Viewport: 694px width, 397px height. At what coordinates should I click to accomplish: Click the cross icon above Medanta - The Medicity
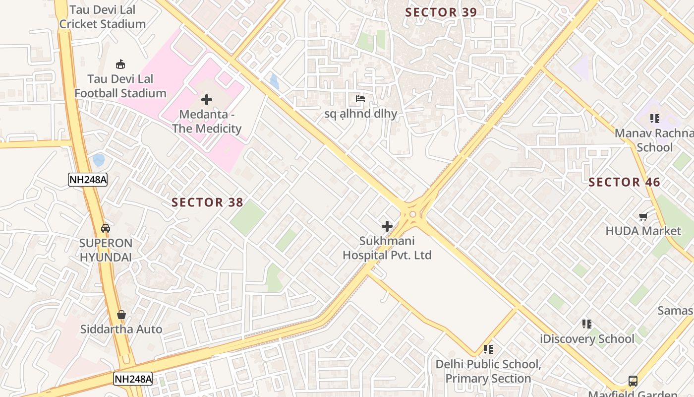tap(207, 100)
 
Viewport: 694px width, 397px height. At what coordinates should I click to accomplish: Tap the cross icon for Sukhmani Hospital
tap(387, 226)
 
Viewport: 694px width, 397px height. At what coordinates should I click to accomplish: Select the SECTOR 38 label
tap(207, 202)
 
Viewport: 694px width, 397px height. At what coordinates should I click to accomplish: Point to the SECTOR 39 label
tap(441, 12)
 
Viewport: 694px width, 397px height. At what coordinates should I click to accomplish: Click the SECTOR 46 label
tap(624, 182)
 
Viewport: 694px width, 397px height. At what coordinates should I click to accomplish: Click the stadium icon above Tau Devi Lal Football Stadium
tap(120, 64)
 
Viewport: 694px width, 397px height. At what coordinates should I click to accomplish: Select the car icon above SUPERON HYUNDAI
tap(106, 228)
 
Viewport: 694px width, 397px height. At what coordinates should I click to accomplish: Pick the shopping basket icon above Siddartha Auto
tap(121, 315)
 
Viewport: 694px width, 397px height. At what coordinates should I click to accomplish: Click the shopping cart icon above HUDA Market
tap(643, 216)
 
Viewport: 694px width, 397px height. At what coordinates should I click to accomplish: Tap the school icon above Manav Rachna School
tap(655, 119)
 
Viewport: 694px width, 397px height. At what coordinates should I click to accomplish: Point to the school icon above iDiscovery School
tap(587, 324)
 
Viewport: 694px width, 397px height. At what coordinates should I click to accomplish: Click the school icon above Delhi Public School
tap(488, 349)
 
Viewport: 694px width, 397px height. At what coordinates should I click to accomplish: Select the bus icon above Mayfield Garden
tap(633, 381)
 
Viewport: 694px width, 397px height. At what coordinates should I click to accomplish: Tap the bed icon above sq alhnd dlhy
tap(360, 99)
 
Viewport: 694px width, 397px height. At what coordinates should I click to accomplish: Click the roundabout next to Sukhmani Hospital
tap(412, 214)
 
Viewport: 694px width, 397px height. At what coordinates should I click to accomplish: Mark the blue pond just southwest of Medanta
tap(99, 160)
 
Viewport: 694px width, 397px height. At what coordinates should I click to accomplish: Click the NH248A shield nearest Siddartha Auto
tap(133, 379)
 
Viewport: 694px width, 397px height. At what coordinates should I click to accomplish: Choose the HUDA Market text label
tap(643, 231)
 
